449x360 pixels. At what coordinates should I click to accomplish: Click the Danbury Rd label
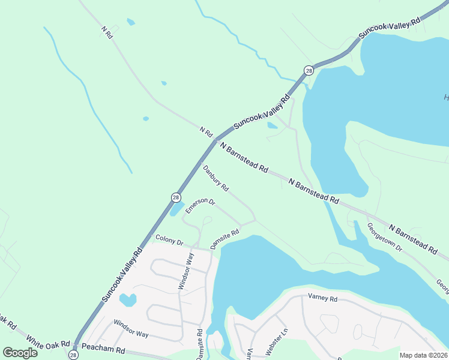[x=215, y=179]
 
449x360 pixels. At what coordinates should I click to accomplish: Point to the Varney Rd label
[x=322, y=298]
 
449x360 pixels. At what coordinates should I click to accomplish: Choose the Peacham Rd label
[x=103, y=348]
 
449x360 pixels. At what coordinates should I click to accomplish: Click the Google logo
[x=20, y=352]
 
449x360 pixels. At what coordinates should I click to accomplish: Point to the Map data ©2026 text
[x=423, y=355]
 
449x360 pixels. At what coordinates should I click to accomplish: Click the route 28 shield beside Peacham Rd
[x=73, y=355]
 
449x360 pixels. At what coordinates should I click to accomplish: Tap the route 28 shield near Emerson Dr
[x=175, y=197]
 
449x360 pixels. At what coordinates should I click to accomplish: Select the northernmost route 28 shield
[x=309, y=70]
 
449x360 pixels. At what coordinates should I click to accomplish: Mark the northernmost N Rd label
[x=107, y=32]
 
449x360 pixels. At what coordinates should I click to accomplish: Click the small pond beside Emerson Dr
[x=177, y=208]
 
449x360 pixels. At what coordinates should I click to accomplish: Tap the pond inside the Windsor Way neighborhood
[x=128, y=299]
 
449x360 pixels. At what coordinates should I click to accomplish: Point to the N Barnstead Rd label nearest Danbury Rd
[x=244, y=157]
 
